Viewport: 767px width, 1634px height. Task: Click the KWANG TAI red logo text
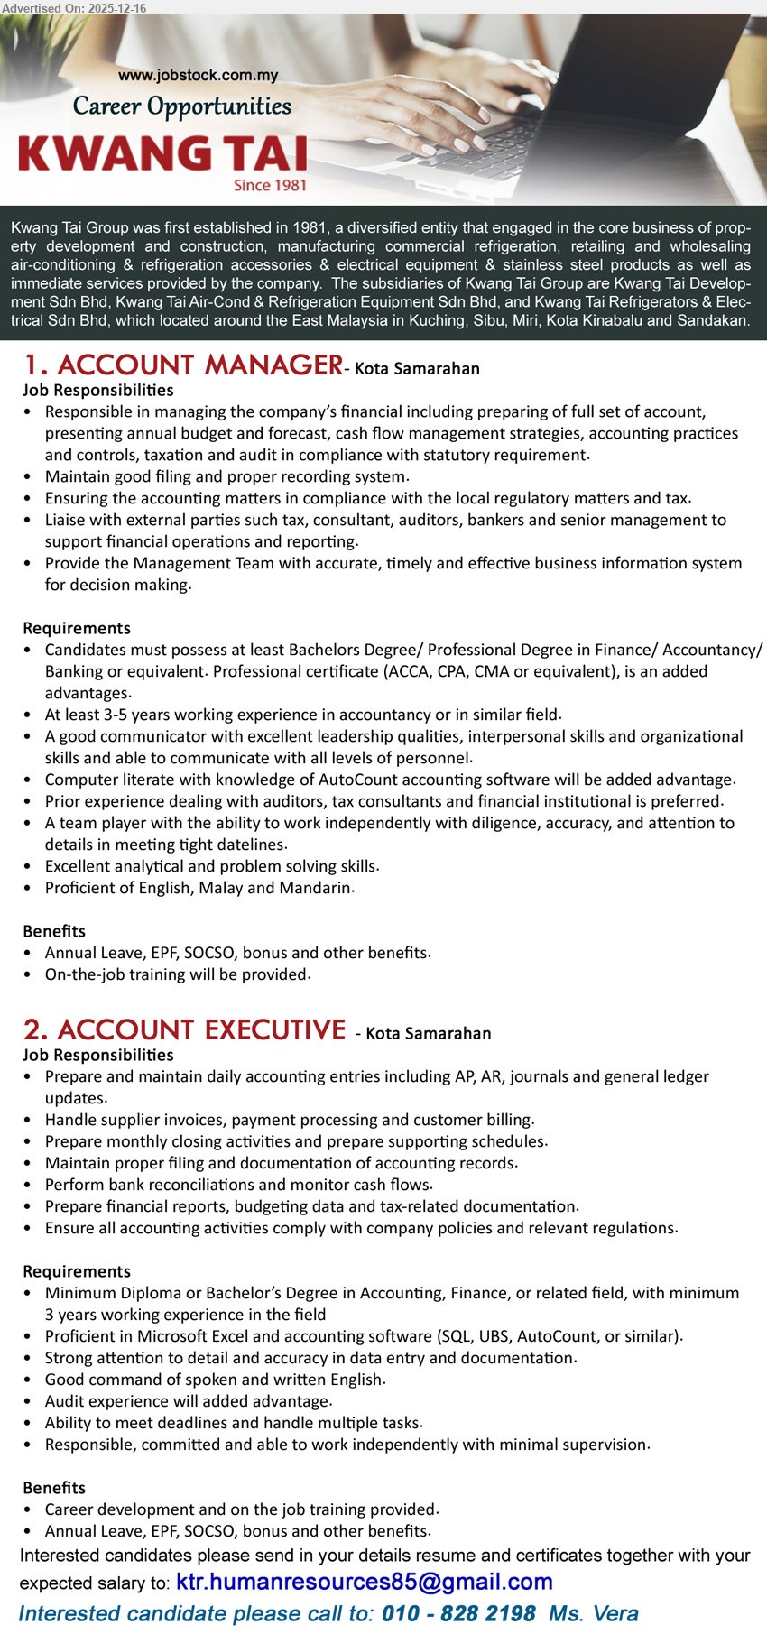click(x=162, y=153)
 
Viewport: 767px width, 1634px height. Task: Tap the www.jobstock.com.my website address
click(x=199, y=76)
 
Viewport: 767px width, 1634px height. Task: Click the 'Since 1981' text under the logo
click(x=270, y=185)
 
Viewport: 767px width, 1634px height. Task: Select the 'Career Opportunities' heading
click(x=182, y=106)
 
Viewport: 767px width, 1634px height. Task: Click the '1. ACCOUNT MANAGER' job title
click(x=183, y=365)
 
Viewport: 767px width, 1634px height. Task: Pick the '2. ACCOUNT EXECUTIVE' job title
click(x=185, y=1030)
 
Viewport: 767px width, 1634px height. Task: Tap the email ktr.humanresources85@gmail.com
click(x=364, y=1582)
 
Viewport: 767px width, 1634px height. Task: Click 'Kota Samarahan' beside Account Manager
click(x=417, y=368)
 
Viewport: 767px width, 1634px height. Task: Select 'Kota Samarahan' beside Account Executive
click(x=429, y=1033)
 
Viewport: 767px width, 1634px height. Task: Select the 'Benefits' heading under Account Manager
click(x=54, y=931)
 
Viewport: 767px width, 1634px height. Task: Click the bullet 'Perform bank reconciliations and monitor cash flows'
click(x=239, y=1185)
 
